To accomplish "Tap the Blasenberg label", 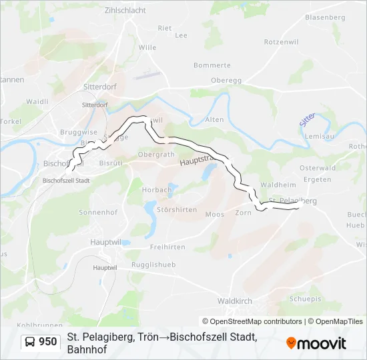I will click(326, 17).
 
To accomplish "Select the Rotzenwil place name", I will click(280, 41).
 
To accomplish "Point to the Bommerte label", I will click(212, 65).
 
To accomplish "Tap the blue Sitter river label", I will click(306, 120).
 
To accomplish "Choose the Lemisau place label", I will click(318, 136).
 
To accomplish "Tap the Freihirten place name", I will click(167, 247).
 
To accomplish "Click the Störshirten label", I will click(175, 209).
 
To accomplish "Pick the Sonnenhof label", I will click(97, 212).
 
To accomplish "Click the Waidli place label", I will click(37, 101).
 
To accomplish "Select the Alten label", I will click(214, 119).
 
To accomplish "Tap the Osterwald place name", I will click(318, 168).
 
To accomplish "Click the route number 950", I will click(47, 342).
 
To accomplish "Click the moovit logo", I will click(316, 343).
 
